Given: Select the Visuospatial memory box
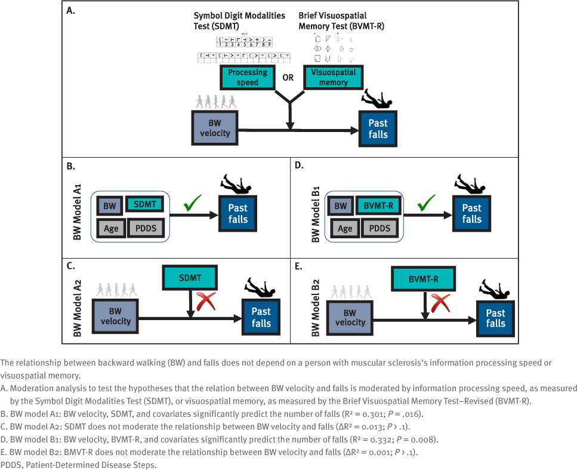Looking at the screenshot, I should click(x=333, y=78).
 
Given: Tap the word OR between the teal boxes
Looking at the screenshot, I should click(x=288, y=78).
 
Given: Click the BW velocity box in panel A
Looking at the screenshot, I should click(x=215, y=128).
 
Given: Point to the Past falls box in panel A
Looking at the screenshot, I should click(x=378, y=129).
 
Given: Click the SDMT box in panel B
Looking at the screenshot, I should click(x=144, y=205).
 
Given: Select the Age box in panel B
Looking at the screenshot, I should click(x=111, y=228).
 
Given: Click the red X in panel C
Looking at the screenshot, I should click(x=205, y=302).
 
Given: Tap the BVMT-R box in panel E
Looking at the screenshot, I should click(x=423, y=279).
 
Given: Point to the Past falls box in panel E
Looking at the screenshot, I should click(x=495, y=318).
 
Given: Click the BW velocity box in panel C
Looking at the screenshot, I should click(x=116, y=316).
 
